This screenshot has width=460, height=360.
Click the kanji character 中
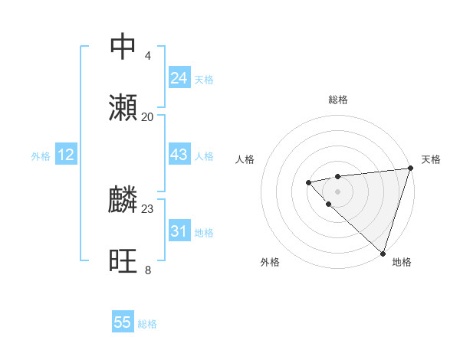(123, 47)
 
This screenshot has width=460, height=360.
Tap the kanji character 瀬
(123, 108)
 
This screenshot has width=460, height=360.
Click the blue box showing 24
(179, 78)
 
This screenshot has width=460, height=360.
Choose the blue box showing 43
(179, 155)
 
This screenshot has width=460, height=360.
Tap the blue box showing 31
(179, 231)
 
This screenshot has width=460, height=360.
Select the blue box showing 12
(66, 155)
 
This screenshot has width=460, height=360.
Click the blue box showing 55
(123, 322)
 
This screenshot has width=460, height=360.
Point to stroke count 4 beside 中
(147, 55)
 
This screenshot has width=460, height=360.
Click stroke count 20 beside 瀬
(147, 116)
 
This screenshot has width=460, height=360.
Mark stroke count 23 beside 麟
(147, 208)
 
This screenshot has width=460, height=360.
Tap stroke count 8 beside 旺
(147, 270)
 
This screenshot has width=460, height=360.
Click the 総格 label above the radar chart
(338, 100)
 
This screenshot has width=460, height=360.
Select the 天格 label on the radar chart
(431, 159)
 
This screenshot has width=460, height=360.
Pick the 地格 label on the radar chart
(402, 262)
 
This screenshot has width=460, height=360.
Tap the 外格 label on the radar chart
(270, 262)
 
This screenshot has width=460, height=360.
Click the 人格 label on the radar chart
(245, 159)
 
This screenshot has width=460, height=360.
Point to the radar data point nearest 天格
(410, 169)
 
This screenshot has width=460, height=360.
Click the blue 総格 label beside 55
(147, 323)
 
